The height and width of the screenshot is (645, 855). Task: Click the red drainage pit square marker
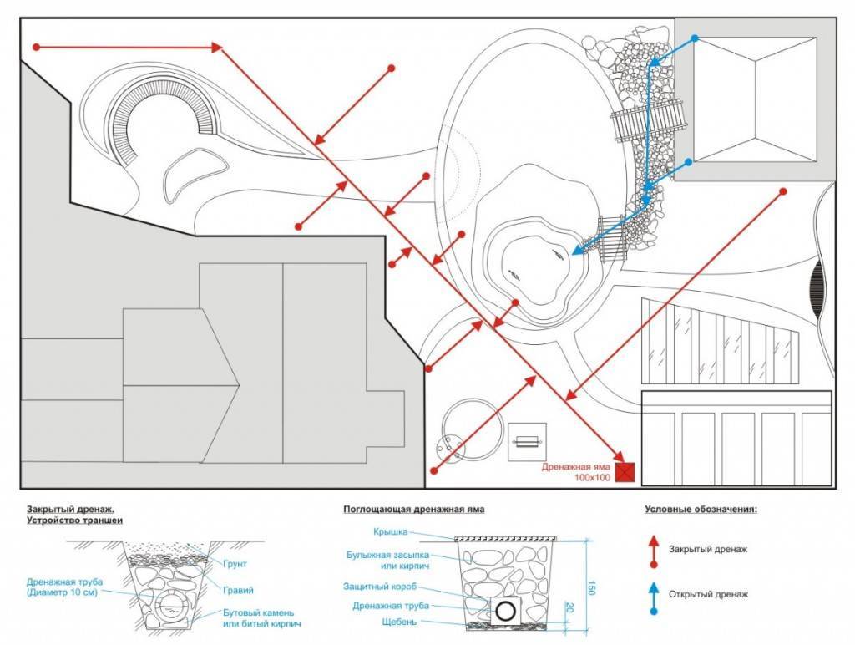(x=625, y=473)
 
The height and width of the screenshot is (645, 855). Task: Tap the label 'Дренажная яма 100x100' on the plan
(x=577, y=472)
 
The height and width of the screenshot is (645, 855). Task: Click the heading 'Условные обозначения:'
(x=701, y=508)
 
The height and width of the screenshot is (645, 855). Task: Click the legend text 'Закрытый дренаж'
(x=707, y=549)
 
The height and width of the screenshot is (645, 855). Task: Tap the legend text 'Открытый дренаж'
(x=708, y=594)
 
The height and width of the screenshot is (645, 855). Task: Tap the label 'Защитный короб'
(x=380, y=587)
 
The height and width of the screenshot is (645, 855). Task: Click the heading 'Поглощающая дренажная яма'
(x=413, y=508)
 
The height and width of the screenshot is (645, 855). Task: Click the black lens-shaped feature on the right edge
(x=817, y=285)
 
